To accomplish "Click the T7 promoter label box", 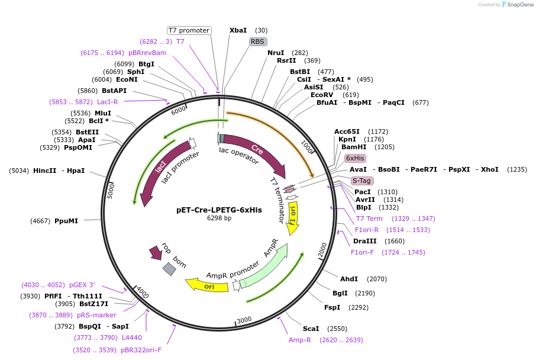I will click(189, 30).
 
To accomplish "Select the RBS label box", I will click(257, 41).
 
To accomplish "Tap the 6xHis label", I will click(356, 158).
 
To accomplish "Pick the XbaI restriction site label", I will click(238, 30).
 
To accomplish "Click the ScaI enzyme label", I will click(311, 329).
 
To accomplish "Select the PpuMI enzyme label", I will click(66, 221).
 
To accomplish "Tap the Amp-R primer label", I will click(300, 340).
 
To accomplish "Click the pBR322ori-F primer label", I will click(141, 350).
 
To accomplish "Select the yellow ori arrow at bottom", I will click(208, 285).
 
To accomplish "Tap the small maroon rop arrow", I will click(156, 253).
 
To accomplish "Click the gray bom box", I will click(169, 269).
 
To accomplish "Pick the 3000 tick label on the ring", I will click(244, 320).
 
